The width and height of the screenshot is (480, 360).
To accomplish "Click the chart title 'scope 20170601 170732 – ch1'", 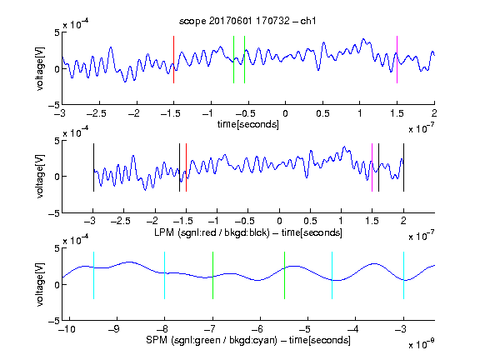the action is click(x=247, y=21).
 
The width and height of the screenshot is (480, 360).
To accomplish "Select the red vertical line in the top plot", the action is click(x=173, y=59).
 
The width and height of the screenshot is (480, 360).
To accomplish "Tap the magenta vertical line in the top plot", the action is click(x=397, y=59).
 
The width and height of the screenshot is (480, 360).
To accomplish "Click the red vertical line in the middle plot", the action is click(x=186, y=167).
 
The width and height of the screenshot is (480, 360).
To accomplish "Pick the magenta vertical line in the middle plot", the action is click(x=372, y=167).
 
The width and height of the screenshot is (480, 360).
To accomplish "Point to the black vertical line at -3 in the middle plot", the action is click(x=93, y=167).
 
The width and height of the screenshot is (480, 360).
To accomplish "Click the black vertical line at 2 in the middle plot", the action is click(x=403, y=167).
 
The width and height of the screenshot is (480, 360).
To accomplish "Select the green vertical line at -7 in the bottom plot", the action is click(x=212, y=275).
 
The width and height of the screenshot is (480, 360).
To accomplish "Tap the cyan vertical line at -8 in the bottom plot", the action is click(x=164, y=275).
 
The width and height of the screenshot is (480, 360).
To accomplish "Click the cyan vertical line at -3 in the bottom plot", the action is click(x=403, y=275).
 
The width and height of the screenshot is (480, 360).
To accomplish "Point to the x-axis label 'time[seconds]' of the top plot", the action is click(x=248, y=124).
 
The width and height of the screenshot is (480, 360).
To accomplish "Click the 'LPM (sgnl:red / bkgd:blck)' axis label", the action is click(x=212, y=232).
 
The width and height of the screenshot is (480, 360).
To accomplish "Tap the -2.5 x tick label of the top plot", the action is click(x=97, y=113).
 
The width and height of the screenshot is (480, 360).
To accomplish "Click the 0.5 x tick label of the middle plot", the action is click(x=310, y=221).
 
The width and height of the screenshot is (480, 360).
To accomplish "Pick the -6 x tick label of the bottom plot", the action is click(x=259, y=329).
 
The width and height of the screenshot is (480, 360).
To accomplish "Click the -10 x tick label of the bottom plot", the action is click(x=67, y=329).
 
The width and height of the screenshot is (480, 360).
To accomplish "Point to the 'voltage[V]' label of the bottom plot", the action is click(x=40, y=284).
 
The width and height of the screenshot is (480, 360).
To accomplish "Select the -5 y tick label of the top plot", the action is click(x=54, y=105).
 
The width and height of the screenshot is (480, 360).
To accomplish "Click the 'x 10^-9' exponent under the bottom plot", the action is click(x=422, y=344).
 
